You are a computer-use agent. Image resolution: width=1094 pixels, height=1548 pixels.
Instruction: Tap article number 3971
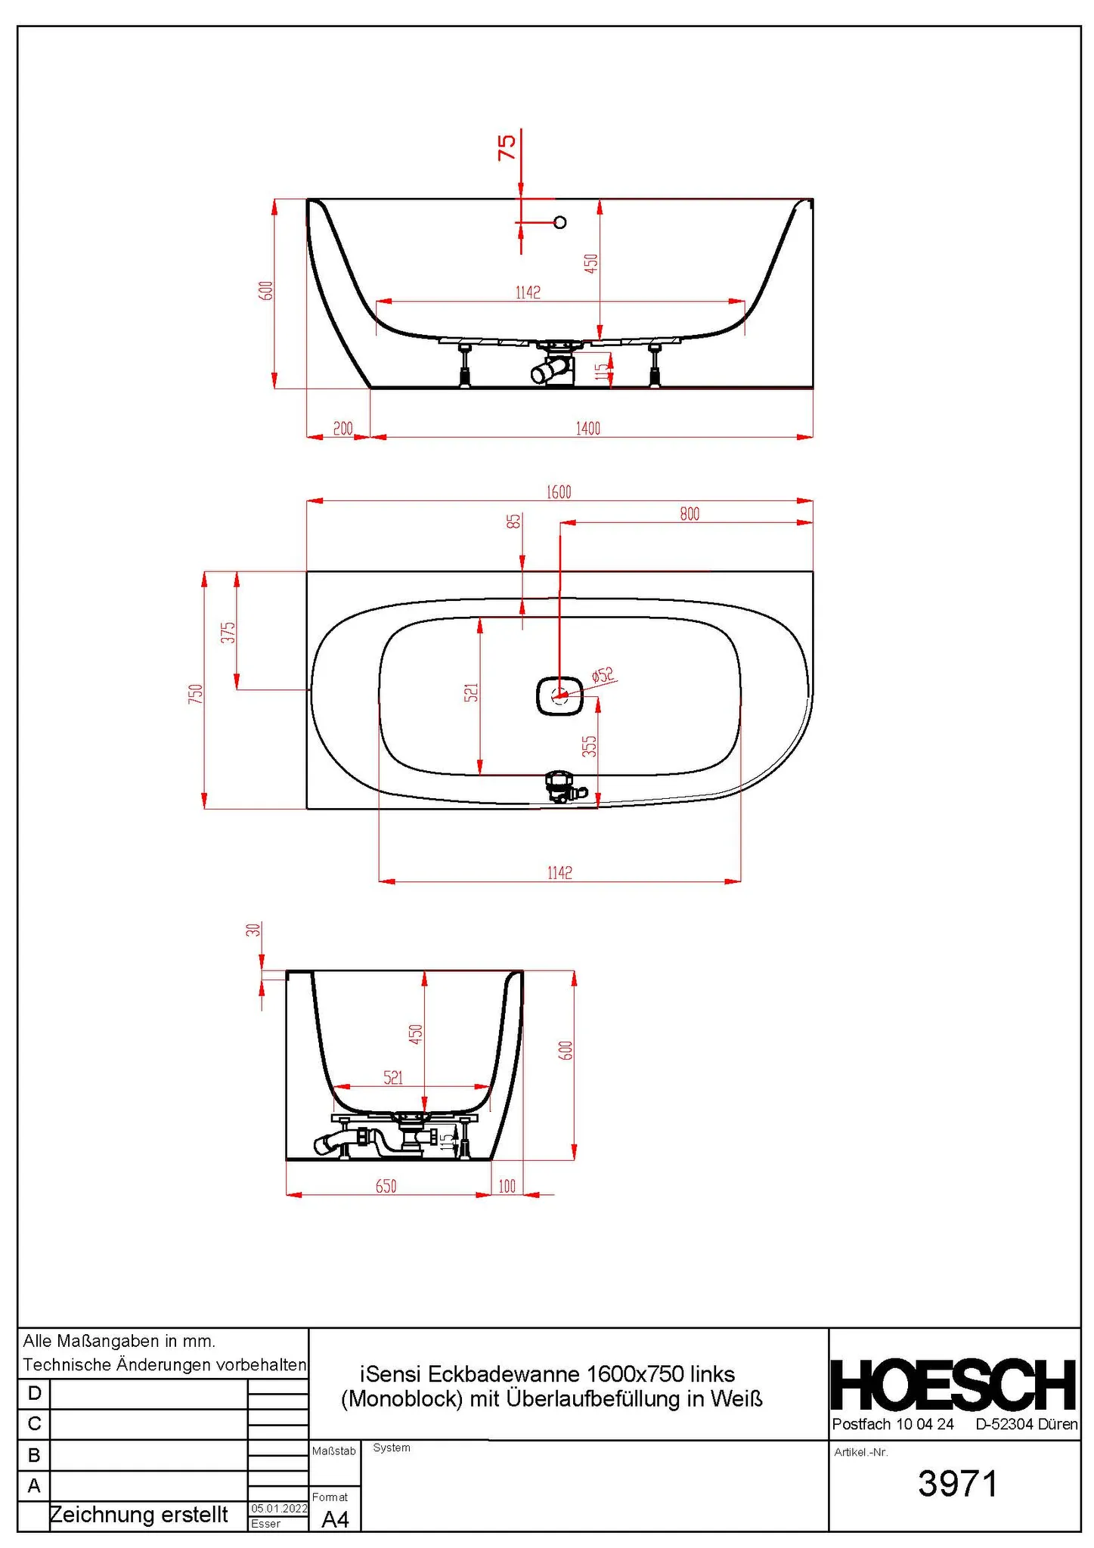[958, 1484]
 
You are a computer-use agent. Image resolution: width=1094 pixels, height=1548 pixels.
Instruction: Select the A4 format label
[336, 1519]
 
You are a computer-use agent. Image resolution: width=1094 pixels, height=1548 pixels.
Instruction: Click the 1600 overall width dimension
[559, 492]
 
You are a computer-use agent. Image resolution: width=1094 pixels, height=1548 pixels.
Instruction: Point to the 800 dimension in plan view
[690, 514]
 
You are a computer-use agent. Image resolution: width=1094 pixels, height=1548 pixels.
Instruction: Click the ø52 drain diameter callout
[603, 675]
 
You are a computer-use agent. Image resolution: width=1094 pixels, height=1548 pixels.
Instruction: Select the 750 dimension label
[196, 694]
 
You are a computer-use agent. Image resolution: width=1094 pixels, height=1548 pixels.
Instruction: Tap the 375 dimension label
[228, 632]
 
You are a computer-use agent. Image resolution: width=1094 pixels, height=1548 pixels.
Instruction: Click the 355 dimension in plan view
[589, 746]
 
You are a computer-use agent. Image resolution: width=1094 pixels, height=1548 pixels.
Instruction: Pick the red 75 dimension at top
[507, 147]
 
